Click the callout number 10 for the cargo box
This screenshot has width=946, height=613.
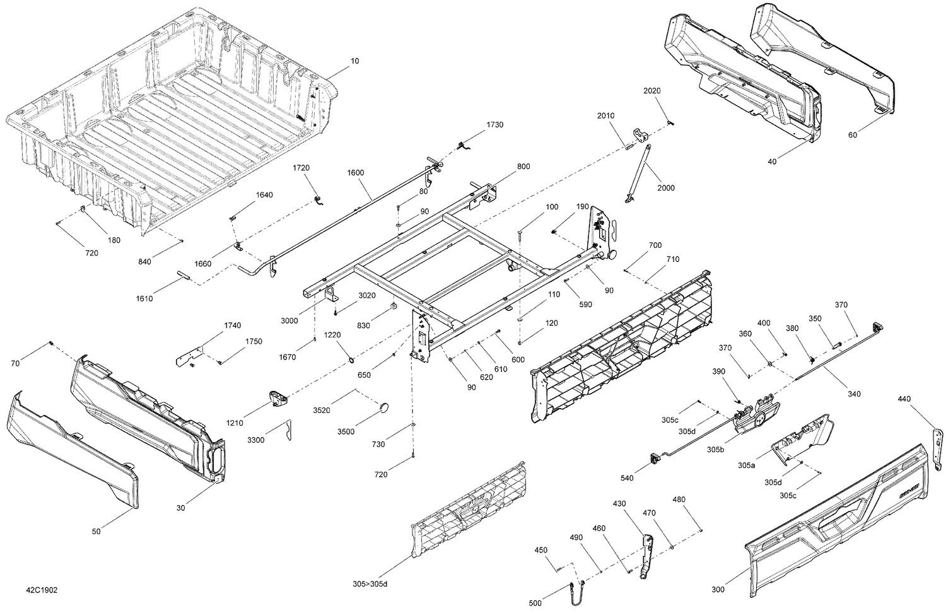pyautogui.click(x=355, y=61)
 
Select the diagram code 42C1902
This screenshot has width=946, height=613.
pyautogui.click(x=41, y=590)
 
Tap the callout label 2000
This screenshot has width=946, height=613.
pyautogui.click(x=665, y=188)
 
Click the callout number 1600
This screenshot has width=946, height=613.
pyautogui.click(x=356, y=172)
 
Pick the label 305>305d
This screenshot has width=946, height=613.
pyautogui.click(x=370, y=584)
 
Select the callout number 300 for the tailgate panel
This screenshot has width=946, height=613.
pyautogui.click(x=718, y=590)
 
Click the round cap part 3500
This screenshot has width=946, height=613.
pyautogui.click(x=385, y=407)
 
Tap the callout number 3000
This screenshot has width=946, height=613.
pyautogui.click(x=289, y=320)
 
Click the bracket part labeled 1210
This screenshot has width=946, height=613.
pyautogui.click(x=277, y=398)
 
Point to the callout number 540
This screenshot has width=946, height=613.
pyautogui.click(x=627, y=478)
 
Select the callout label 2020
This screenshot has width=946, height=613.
pyautogui.click(x=652, y=91)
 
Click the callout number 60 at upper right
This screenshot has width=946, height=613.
pyautogui.click(x=853, y=135)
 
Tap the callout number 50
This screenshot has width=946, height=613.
pyautogui.click(x=96, y=532)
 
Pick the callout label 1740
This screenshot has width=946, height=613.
pyautogui.click(x=232, y=325)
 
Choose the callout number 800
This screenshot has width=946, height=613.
pyautogui.click(x=523, y=166)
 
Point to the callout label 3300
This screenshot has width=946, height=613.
pyautogui.click(x=256, y=440)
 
